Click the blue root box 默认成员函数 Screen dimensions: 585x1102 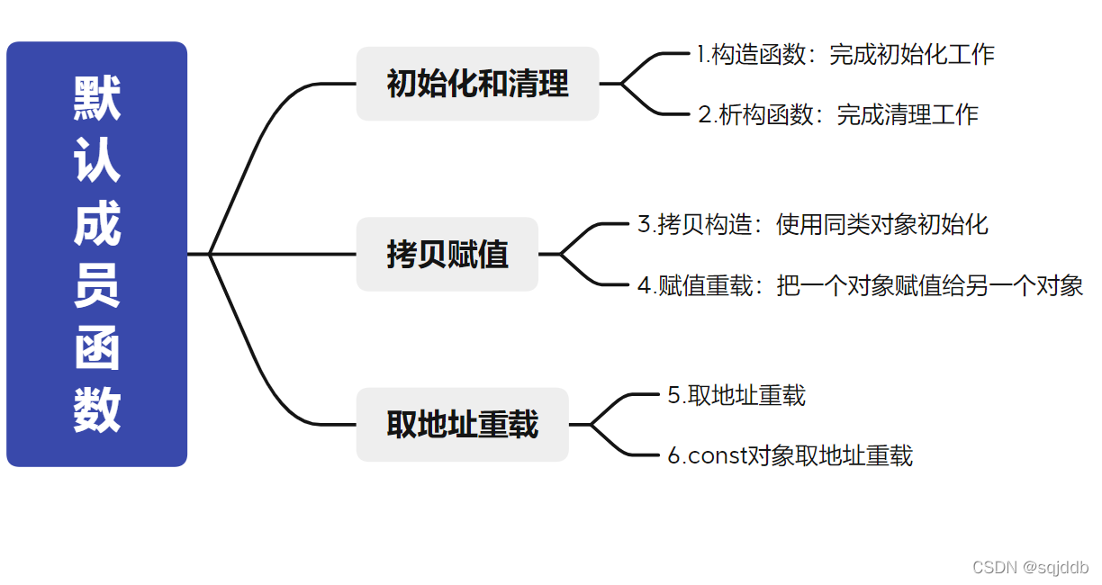tap(96, 254)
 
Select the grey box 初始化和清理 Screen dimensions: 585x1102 tap(477, 84)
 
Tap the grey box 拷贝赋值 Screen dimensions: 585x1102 tap(447, 254)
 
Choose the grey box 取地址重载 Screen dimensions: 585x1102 tap(462, 424)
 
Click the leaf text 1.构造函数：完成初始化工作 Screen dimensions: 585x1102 tap(845, 54)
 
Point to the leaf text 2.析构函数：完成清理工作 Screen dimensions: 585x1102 tap(837, 114)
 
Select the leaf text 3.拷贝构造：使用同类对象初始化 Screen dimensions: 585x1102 tap(812, 224)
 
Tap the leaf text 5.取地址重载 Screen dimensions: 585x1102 tap(736, 395)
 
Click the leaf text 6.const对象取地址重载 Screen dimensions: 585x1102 tap(790, 455)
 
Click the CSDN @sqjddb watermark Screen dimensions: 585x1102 tap(1030, 567)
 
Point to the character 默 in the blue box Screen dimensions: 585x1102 tap(96, 98)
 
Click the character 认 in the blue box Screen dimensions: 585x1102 tap(96, 161)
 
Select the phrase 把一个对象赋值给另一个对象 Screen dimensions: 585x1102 tap(929, 285)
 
